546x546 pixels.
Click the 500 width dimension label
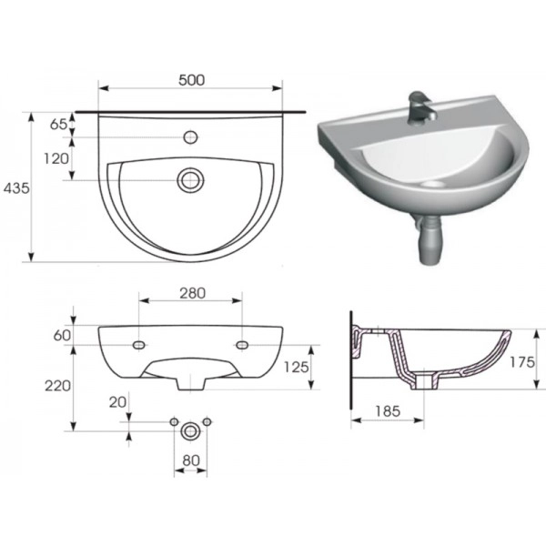(191, 80)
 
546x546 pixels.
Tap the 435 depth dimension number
(16, 188)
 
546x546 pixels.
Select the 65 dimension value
(58, 124)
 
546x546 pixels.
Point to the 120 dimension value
(56, 158)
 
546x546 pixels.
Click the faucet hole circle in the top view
(190, 137)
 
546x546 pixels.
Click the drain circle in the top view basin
(190, 180)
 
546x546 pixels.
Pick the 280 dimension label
(193, 293)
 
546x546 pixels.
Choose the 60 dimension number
(62, 335)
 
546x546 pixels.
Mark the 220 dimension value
(57, 386)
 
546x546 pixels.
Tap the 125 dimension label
(297, 367)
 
